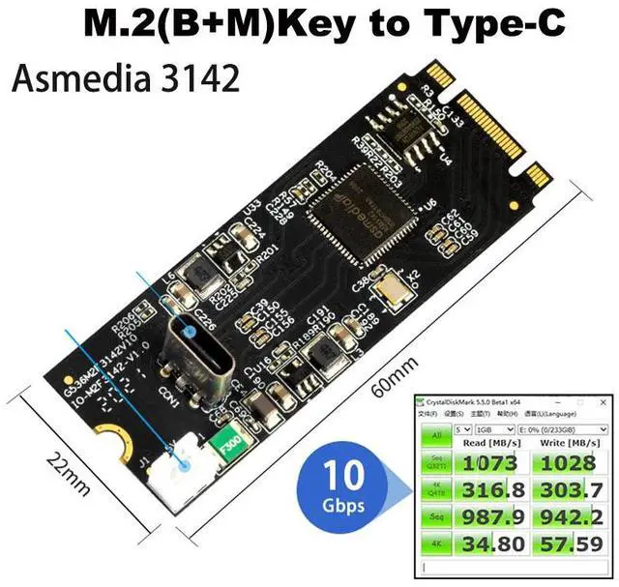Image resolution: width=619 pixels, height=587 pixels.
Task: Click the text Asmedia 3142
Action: [x=125, y=77]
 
